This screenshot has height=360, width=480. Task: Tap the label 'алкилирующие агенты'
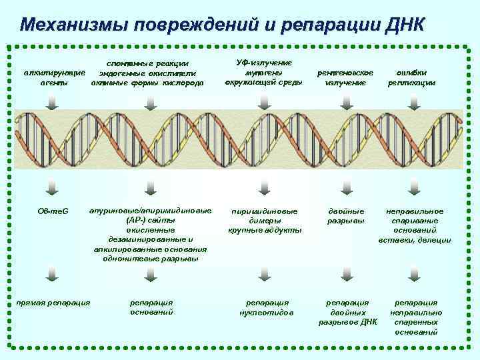coord(53,77)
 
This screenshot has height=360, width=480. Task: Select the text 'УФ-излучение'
coord(264,62)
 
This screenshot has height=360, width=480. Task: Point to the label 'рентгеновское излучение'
coord(345,77)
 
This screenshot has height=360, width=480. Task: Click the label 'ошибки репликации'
coord(411,77)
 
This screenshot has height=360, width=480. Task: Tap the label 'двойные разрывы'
coord(346,215)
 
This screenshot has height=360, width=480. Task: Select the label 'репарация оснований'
coord(151,307)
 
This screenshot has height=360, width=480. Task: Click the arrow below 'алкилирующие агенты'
coord(53,100)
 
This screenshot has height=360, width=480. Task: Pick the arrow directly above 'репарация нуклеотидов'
coord(265,273)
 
